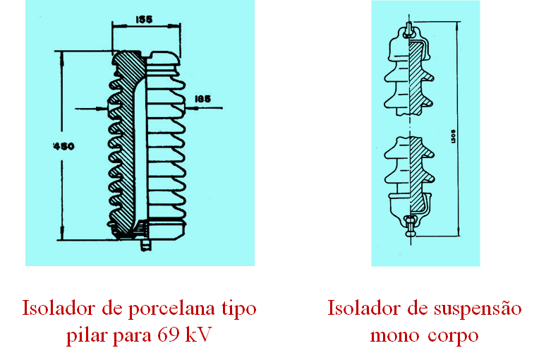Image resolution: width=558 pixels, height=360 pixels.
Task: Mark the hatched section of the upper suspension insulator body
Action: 416,78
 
